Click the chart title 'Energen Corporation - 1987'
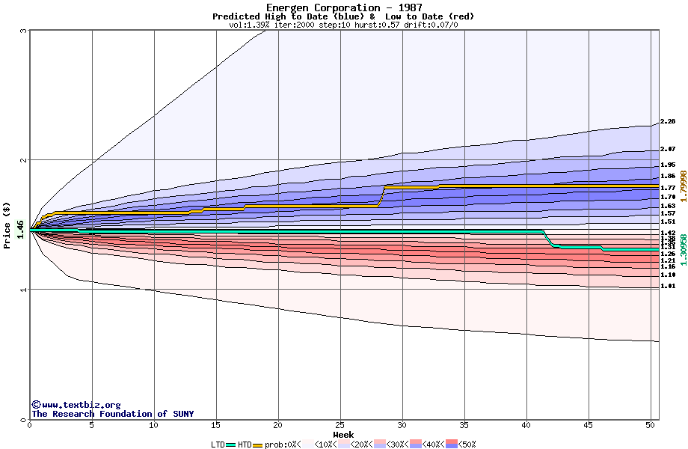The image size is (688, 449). click(x=343, y=7)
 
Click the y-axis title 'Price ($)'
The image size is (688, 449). click(x=7, y=224)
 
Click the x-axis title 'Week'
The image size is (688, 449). click(x=343, y=434)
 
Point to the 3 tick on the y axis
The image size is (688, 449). click(x=23, y=31)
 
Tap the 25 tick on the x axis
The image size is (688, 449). click(x=340, y=425)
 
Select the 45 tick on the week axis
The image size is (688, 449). click(x=589, y=425)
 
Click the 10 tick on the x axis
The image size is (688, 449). click(x=154, y=425)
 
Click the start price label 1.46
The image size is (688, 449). click(x=21, y=230)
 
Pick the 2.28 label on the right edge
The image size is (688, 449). click(x=668, y=121)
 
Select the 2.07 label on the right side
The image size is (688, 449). click(x=668, y=150)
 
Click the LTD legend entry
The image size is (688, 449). click(x=218, y=445)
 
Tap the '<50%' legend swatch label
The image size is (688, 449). click(x=467, y=445)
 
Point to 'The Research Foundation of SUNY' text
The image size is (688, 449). click(x=112, y=414)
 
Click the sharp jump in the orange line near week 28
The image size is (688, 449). click(x=382, y=195)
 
